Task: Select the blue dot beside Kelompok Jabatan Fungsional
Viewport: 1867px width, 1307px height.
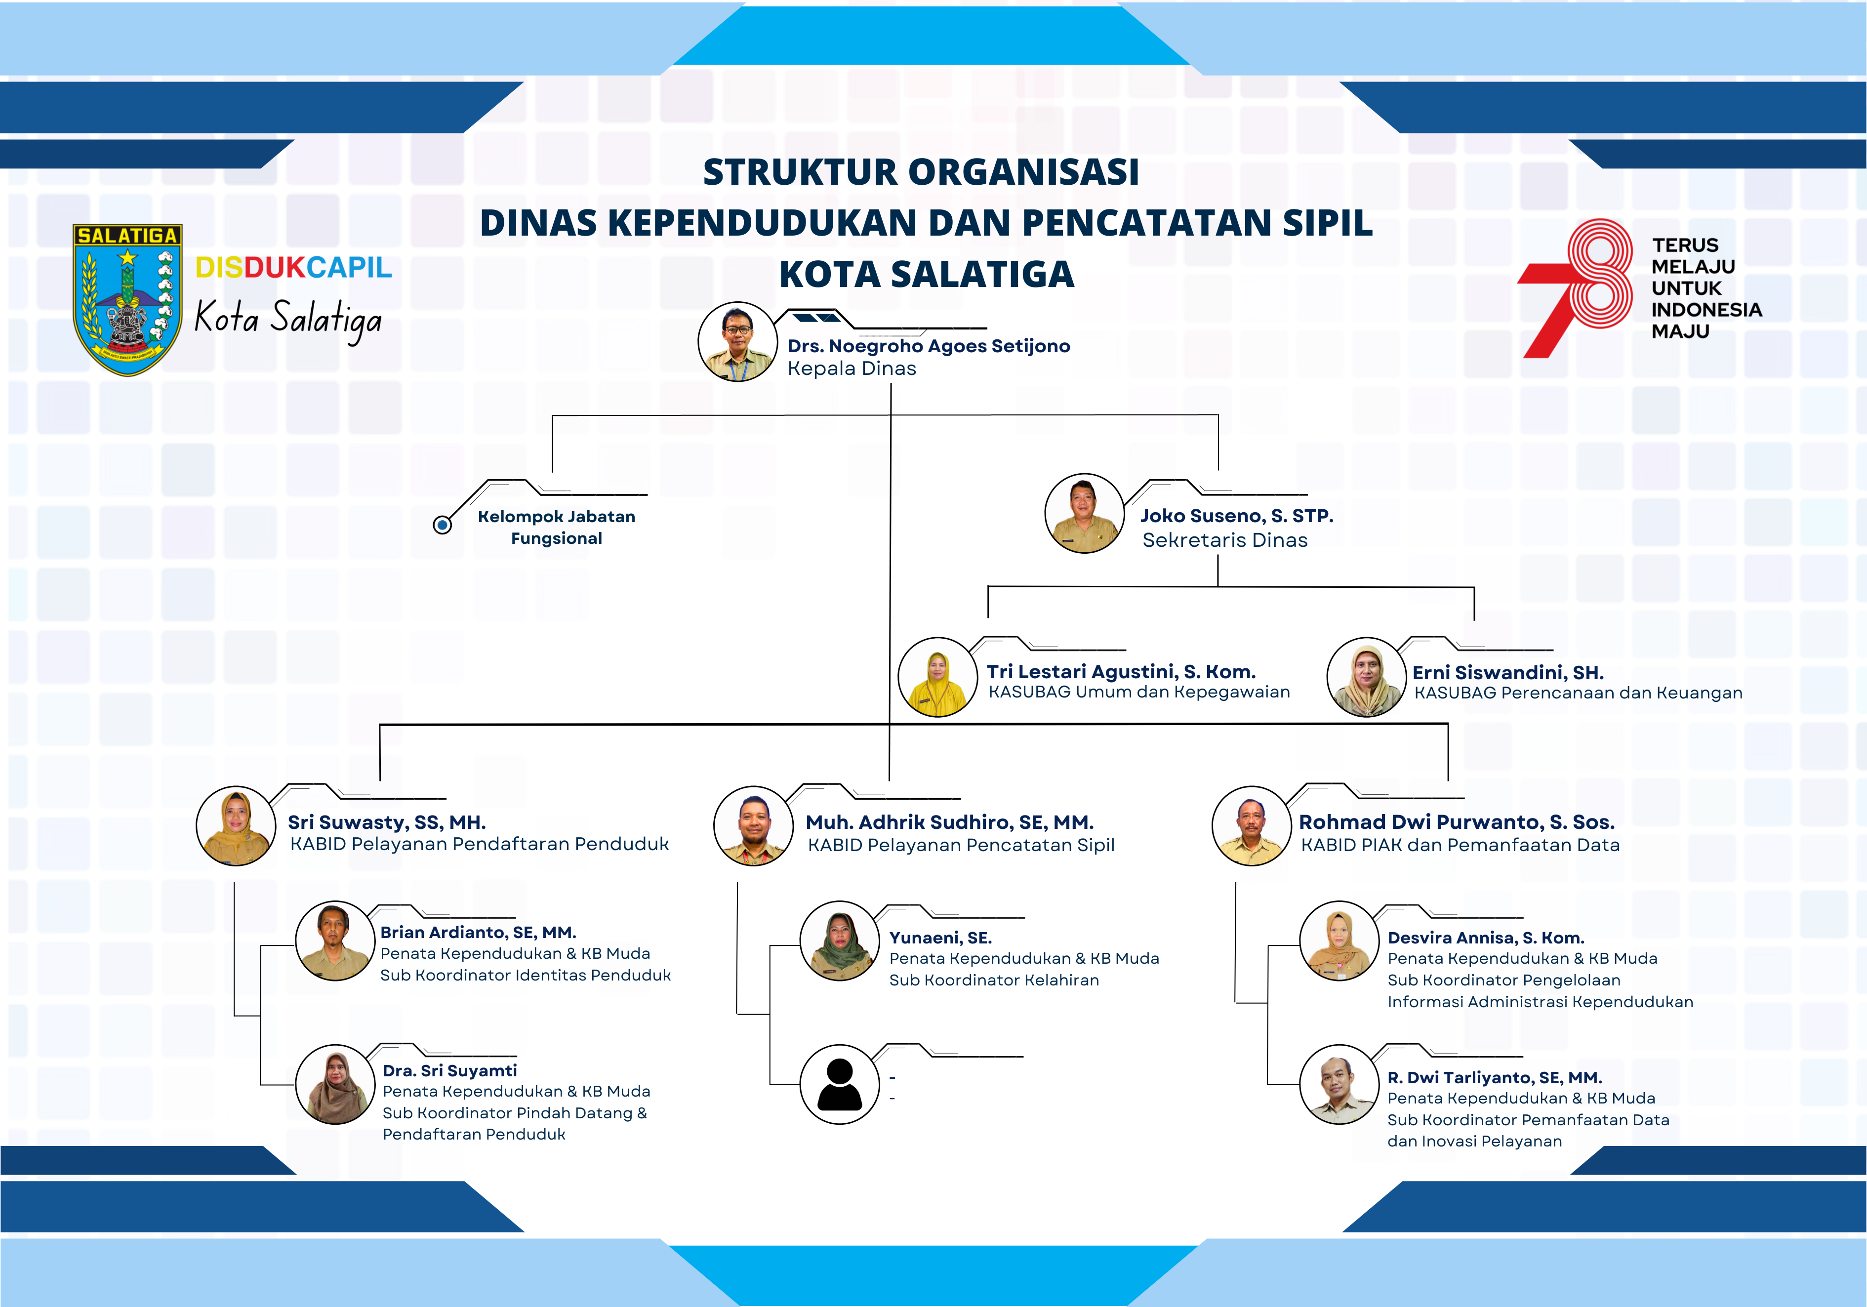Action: point(443,526)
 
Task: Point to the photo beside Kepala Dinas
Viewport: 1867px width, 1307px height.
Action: point(737,342)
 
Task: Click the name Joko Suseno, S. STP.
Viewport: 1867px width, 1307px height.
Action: point(1236,516)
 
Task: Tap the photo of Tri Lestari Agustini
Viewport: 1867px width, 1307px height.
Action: point(937,677)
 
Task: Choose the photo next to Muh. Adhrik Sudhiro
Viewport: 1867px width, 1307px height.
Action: point(753,825)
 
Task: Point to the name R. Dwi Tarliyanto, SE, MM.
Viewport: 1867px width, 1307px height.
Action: point(1495,1078)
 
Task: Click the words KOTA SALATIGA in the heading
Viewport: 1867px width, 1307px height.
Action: point(927,274)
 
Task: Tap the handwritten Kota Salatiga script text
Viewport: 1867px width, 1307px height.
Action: point(288,319)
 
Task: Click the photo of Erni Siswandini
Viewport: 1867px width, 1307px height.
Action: point(1366,677)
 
